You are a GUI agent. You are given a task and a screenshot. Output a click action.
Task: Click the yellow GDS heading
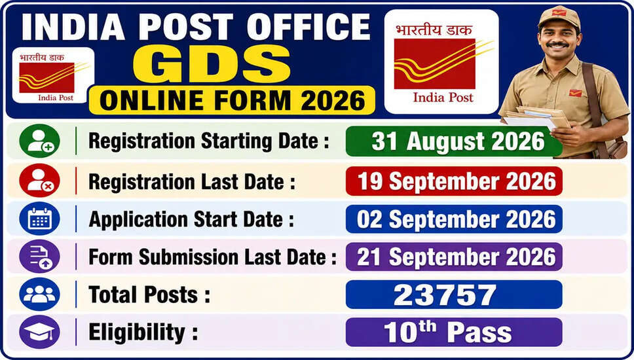pyautogui.click(x=212, y=63)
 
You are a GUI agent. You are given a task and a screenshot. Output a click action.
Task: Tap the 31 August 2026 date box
pyautogui.click(x=454, y=141)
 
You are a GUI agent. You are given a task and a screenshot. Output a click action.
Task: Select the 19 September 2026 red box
pyautogui.click(x=454, y=181)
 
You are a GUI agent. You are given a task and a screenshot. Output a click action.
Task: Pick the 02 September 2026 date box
pyautogui.click(x=454, y=219)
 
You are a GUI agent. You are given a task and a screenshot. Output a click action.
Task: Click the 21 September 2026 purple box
pyautogui.click(x=454, y=257)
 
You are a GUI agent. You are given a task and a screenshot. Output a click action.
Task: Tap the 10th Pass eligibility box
pyautogui.click(x=454, y=332)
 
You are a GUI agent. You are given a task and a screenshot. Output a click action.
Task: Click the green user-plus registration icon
pyautogui.click(x=39, y=141)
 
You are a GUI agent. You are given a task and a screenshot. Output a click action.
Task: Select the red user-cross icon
pyautogui.click(x=39, y=181)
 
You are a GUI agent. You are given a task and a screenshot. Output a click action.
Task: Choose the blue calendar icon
pyautogui.click(x=39, y=219)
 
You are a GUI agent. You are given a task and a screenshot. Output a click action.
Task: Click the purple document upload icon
pyautogui.click(x=39, y=257)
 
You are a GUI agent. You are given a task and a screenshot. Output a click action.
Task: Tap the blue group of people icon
pyautogui.click(x=39, y=294)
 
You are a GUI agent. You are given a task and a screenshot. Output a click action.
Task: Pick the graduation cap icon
pyautogui.click(x=39, y=332)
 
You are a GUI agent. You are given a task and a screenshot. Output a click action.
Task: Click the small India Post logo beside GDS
pyautogui.click(x=53, y=75)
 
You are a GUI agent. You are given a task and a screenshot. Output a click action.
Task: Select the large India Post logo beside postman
pyautogui.click(x=441, y=62)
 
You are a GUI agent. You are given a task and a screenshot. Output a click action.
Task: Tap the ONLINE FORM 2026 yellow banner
pyautogui.click(x=232, y=100)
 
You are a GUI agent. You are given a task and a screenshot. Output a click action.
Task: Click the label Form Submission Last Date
pyautogui.click(x=213, y=257)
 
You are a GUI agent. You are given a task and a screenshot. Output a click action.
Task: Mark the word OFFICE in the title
pyautogui.click(x=308, y=27)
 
